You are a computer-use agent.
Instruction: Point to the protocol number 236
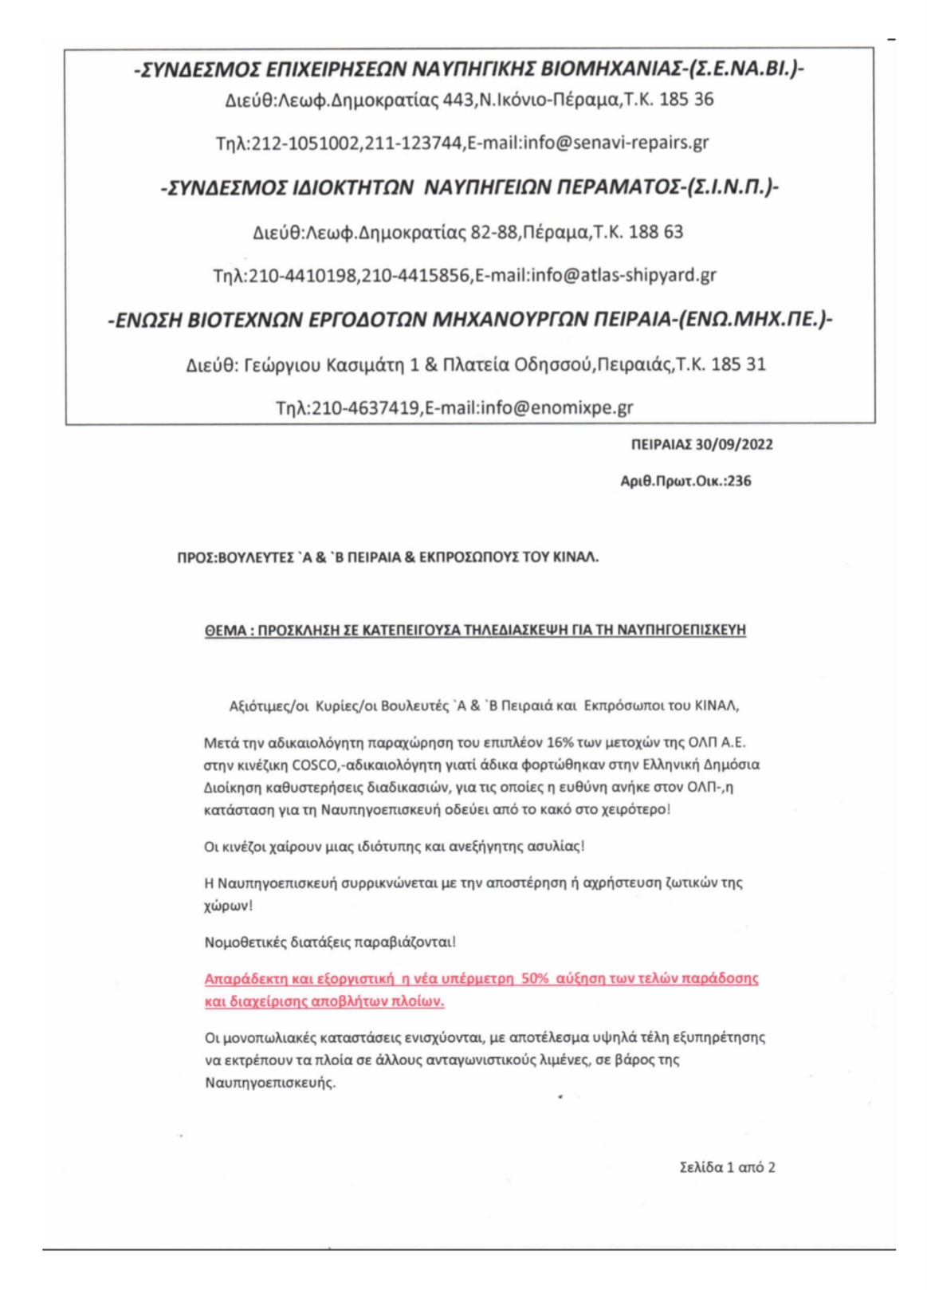739,482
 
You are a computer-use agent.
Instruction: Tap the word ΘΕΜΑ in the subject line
223,630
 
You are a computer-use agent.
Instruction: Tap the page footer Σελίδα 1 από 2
727,1167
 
